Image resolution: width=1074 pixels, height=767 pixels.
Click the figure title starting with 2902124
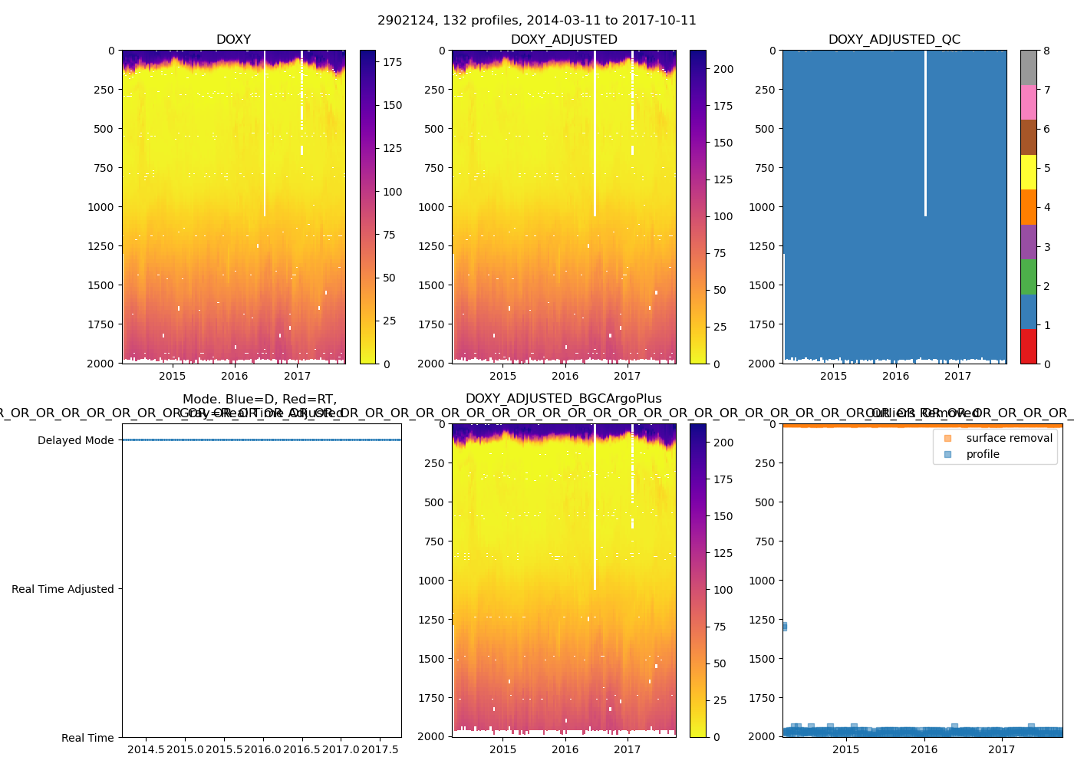537,21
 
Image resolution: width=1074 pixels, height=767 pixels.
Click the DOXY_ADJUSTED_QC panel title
894,40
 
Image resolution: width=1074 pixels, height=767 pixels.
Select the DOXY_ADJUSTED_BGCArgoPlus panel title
563,399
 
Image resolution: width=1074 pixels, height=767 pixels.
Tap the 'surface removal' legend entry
1009,438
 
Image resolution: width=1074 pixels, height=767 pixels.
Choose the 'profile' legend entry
983,454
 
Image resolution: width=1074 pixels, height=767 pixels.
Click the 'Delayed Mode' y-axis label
75,440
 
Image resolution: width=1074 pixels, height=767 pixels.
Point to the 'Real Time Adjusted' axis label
62,589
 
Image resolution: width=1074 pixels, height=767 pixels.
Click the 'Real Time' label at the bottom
87,738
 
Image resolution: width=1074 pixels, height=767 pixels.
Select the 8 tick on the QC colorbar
1046,51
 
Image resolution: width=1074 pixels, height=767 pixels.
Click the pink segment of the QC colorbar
1028,102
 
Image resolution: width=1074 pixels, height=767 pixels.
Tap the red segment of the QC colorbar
1028,346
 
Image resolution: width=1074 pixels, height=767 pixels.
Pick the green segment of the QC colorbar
1028,276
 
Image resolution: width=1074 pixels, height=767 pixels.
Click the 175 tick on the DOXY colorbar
392,62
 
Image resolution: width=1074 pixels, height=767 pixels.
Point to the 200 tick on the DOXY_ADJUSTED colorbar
723,69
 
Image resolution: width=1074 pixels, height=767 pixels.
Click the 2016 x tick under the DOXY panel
235,376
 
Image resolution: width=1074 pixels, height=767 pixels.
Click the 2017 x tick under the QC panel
957,376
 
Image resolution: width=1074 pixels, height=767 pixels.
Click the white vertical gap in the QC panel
925,130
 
